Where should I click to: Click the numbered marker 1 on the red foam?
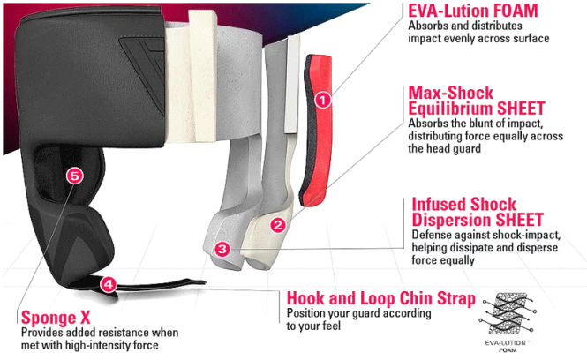pyautogui.click(x=323, y=101)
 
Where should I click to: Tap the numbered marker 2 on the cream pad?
pyautogui.click(x=278, y=225)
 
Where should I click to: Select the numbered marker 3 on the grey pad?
pyautogui.click(x=222, y=249)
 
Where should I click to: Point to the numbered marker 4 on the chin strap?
pyautogui.click(x=109, y=284)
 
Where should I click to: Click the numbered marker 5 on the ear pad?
pyautogui.click(x=74, y=176)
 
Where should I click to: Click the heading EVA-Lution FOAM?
pyautogui.click(x=473, y=11)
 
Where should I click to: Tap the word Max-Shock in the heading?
pyautogui.click(x=451, y=93)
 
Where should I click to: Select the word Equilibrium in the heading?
pyautogui.click(x=449, y=109)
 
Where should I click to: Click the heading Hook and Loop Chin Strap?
pyautogui.click(x=381, y=298)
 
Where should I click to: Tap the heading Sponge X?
pyautogui.click(x=56, y=318)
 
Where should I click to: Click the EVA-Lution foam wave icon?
pyautogui.click(x=508, y=314)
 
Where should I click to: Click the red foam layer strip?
pyautogui.click(x=316, y=131)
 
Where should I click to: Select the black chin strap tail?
pyautogui.click(x=157, y=286)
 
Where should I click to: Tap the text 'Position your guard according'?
pyautogui.click(x=358, y=313)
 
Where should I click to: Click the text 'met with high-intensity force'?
pyautogui.click(x=89, y=345)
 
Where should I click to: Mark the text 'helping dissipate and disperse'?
pyautogui.click(x=485, y=248)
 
